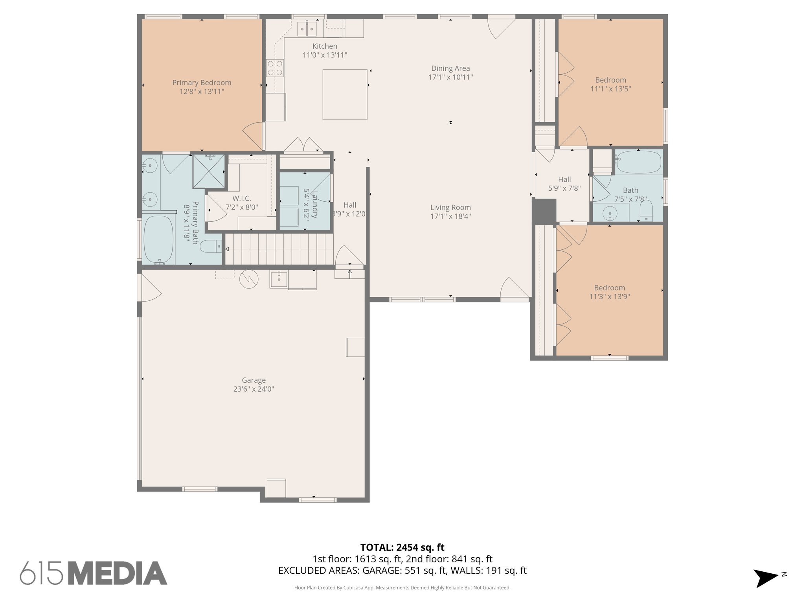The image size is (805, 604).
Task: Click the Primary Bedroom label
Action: pyautogui.click(x=202, y=83)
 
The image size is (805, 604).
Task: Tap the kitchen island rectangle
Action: pyautogui.click(x=345, y=94)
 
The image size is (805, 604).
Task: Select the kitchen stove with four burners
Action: pyautogui.click(x=275, y=67)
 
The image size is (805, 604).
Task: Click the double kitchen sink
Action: pyautogui.click(x=307, y=28)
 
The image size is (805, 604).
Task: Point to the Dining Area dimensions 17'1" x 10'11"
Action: pyautogui.click(x=450, y=77)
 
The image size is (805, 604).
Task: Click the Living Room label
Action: pyautogui.click(x=450, y=207)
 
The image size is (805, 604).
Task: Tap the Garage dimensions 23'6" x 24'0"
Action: pyautogui.click(x=254, y=389)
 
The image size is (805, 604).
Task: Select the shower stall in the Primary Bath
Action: pyautogui.click(x=208, y=171)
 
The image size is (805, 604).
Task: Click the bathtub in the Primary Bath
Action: pyautogui.click(x=158, y=239)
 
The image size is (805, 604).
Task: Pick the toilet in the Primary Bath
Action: pyautogui.click(x=211, y=247)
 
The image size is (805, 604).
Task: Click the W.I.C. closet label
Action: pyautogui.click(x=241, y=199)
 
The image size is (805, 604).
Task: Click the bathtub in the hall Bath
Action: pyautogui.click(x=638, y=162)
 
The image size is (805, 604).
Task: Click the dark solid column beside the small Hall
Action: pyautogui.click(x=544, y=212)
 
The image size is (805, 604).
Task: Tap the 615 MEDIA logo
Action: pyautogui.click(x=94, y=573)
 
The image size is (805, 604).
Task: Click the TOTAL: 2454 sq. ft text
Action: pyautogui.click(x=402, y=547)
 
